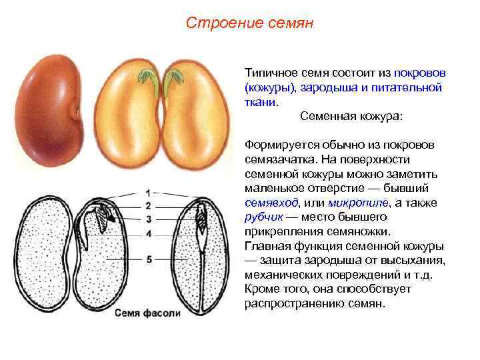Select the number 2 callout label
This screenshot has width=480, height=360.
point(148,206)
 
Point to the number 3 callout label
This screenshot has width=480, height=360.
point(148,219)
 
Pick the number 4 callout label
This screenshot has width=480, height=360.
point(149,234)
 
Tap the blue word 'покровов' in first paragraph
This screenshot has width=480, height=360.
point(421,72)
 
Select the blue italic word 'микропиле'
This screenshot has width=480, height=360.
point(347,203)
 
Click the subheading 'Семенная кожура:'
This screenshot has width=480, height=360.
point(351,115)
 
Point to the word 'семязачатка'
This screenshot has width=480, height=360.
point(279,159)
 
